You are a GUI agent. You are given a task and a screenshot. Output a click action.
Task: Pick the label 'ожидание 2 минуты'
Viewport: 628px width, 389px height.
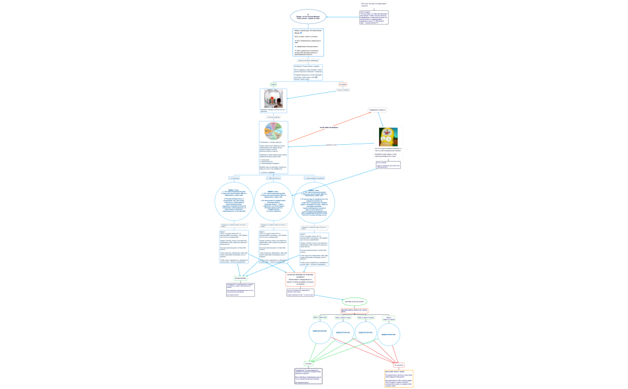378,110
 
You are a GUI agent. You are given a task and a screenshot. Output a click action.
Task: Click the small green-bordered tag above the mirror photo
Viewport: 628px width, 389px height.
274,84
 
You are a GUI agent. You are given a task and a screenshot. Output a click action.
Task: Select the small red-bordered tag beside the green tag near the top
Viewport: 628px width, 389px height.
343,84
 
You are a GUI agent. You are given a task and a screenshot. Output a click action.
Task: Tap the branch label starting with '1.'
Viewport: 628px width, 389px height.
234,178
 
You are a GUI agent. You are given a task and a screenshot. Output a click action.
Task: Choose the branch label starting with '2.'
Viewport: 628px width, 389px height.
275,178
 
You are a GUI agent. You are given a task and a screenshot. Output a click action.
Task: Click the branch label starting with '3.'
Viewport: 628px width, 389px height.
315,178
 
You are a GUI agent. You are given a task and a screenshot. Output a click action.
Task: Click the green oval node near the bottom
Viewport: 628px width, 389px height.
355,302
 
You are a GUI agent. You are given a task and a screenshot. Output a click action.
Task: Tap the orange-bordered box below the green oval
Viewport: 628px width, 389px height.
355,311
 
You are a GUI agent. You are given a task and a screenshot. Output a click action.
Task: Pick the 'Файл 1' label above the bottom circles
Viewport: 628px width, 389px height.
319,317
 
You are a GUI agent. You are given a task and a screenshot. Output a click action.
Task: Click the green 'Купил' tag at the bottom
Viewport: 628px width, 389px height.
308,364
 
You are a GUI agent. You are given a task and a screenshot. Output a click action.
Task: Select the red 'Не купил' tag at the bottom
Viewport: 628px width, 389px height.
398,365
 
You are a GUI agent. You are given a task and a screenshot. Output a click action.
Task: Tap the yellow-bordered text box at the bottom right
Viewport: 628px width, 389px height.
398,378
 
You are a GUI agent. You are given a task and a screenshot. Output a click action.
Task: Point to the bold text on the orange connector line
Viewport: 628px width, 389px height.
329,127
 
